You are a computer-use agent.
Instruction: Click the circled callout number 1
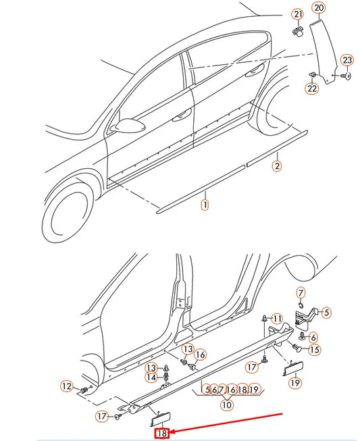point(205,203)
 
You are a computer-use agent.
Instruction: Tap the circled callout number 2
point(276,165)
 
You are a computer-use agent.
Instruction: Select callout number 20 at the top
point(319,8)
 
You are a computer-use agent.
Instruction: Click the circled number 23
point(346,60)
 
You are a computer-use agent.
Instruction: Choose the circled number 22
point(311,88)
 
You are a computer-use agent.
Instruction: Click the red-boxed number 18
point(162,433)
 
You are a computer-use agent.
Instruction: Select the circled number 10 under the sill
point(227,405)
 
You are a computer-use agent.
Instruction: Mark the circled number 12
point(66,386)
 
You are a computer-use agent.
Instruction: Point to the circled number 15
point(314,350)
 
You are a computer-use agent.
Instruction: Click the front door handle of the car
point(181,115)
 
